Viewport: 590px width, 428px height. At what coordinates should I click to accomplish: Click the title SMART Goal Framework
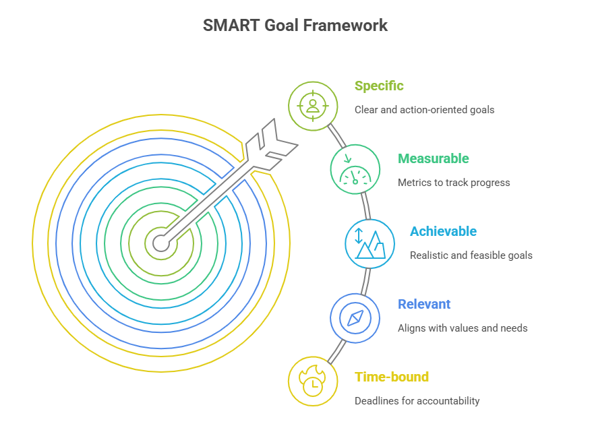(x=295, y=26)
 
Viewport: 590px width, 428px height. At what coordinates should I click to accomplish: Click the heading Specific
(x=379, y=86)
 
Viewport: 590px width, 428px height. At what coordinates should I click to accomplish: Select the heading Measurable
(x=433, y=158)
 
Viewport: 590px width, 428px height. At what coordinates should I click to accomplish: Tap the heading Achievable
(x=443, y=231)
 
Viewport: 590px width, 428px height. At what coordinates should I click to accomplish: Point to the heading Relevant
(x=424, y=304)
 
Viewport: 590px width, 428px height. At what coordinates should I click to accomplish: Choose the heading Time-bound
(x=392, y=377)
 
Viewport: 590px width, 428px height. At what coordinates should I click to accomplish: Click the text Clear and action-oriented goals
(x=424, y=109)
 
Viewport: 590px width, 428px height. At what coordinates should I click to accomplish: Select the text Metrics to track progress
(x=454, y=182)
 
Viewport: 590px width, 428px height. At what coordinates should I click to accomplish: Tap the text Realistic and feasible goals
(x=471, y=255)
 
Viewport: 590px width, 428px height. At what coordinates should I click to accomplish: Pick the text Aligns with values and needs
(x=463, y=328)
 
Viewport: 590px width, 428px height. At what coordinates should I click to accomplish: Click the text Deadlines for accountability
(x=417, y=401)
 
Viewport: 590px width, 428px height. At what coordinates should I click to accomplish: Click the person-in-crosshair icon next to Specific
(x=313, y=106)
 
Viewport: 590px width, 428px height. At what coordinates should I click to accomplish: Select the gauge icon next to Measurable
(x=355, y=169)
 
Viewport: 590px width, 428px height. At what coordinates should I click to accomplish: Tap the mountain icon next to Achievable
(x=370, y=243)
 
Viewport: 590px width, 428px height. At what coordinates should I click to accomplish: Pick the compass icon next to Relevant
(x=355, y=317)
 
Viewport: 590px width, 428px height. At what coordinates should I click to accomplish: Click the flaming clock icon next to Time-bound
(x=313, y=381)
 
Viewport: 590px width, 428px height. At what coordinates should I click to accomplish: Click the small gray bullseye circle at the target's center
(x=161, y=243)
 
